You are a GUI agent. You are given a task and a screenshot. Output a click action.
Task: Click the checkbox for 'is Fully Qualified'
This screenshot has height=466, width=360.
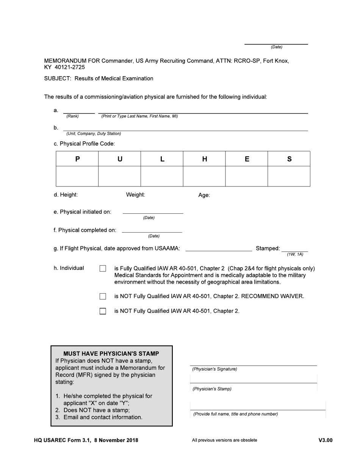click(x=103, y=269)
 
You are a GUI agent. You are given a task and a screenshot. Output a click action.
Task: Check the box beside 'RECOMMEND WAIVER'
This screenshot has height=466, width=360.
click(x=103, y=296)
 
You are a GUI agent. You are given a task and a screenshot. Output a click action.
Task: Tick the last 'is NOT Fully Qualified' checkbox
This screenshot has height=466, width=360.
click(x=103, y=311)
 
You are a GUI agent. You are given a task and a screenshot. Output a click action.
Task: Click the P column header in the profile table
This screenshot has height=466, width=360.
click(x=77, y=159)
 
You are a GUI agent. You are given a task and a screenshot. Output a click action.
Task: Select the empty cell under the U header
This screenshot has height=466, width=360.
click(x=120, y=176)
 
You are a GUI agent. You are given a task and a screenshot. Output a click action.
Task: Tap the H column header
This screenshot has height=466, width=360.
click(x=204, y=159)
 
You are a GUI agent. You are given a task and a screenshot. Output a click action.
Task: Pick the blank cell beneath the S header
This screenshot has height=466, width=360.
click(x=289, y=176)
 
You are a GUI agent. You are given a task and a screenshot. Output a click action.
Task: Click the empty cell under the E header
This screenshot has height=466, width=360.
click(x=247, y=176)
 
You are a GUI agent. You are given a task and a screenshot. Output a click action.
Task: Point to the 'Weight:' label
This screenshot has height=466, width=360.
click(x=135, y=195)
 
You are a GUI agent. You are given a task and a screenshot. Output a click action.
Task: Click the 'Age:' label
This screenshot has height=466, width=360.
click(x=204, y=195)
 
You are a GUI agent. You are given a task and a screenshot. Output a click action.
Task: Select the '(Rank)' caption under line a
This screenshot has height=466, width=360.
click(x=72, y=116)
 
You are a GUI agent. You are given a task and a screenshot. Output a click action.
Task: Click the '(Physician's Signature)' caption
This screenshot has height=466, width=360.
click(x=214, y=369)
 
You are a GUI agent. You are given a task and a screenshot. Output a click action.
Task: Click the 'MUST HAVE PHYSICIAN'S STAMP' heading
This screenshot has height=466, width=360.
click(x=111, y=353)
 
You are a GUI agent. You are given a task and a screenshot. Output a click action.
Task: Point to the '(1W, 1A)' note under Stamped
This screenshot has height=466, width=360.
click(x=295, y=254)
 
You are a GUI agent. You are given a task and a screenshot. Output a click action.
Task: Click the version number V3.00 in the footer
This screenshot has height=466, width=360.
click(x=325, y=440)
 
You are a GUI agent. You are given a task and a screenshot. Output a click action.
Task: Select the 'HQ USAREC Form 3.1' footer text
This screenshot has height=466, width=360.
click(x=62, y=440)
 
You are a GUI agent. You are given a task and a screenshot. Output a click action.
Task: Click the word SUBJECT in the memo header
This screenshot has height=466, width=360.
click(x=57, y=78)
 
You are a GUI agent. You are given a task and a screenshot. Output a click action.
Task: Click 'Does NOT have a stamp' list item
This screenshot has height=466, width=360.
click(x=96, y=410)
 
